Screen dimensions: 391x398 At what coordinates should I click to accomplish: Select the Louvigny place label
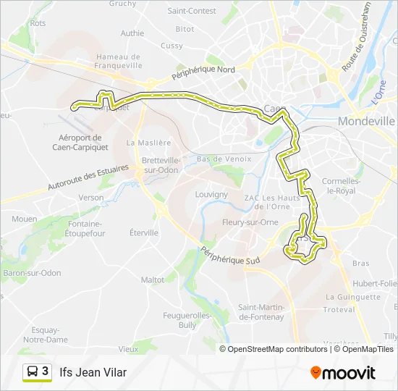[x=211, y=194]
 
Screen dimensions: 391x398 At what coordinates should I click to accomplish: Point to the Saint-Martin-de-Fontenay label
[x=261, y=312]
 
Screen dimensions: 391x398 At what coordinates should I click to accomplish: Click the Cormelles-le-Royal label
[x=341, y=185]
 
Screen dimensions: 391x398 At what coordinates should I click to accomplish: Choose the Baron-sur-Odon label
[x=32, y=273]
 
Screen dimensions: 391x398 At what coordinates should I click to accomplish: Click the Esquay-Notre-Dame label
[x=46, y=335]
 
